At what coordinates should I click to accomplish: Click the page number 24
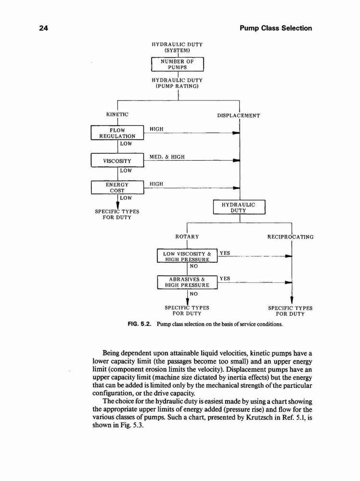[44, 28]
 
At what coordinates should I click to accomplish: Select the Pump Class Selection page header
[276, 28]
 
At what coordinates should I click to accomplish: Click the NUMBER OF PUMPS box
[178, 64]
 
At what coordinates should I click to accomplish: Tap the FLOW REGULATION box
[117, 133]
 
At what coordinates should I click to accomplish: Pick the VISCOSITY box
[117, 160]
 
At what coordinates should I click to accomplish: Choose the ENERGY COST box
[117, 188]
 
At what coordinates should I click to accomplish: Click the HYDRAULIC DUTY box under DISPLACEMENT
[239, 207]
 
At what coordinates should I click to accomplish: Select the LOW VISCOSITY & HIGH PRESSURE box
[187, 256]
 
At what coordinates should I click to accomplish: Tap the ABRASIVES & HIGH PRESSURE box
[187, 282]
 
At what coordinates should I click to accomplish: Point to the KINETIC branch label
[117, 114]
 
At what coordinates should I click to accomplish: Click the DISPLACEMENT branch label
[238, 115]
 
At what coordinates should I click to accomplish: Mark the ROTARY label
[187, 237]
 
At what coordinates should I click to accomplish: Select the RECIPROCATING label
[290, 237]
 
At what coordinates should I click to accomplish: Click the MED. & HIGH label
[167, 157]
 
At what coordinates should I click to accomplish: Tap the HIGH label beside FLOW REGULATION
[156, 129]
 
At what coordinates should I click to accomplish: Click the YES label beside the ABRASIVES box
[225, 278]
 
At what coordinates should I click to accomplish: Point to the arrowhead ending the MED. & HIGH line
[236, 160]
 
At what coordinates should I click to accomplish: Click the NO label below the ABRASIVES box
[193, 294]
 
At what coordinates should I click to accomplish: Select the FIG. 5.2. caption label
[140, 324]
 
